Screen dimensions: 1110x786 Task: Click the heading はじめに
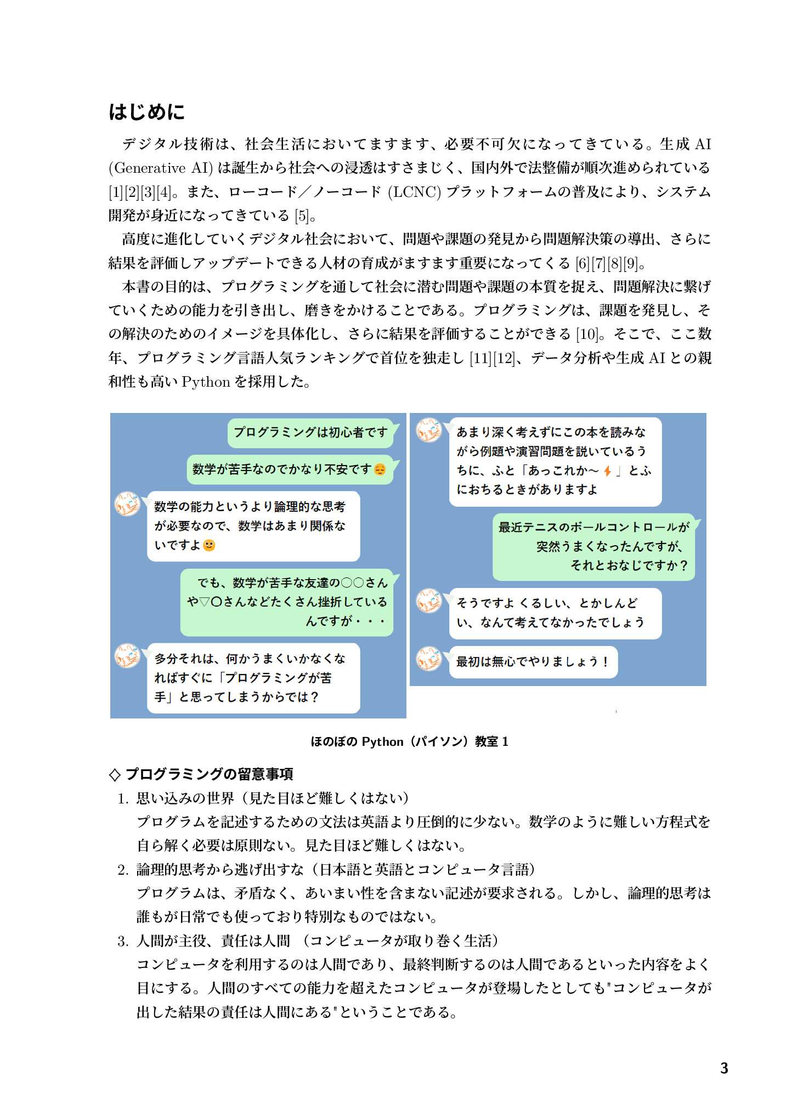point(146,112)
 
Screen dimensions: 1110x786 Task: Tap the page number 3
point(724,1068)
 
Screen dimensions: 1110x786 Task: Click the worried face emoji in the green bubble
point(380,469)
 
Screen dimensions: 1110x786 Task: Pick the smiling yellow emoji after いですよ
point(209,545)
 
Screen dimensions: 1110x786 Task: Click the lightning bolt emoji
point(607,471)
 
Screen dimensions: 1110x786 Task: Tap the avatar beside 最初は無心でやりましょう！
point(429,659)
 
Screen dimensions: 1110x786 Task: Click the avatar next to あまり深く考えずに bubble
point(429,431)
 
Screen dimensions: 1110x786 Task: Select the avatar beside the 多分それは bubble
point(127,655)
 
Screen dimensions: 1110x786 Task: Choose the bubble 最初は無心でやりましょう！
point(533,662)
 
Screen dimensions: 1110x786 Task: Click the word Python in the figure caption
point(382,742)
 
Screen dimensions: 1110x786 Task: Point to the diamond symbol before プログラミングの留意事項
point(115,774)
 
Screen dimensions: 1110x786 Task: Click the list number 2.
point(123,870)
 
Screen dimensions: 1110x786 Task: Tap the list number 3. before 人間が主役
point(123,941)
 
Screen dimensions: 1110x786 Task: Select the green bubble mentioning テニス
point(593,546)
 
